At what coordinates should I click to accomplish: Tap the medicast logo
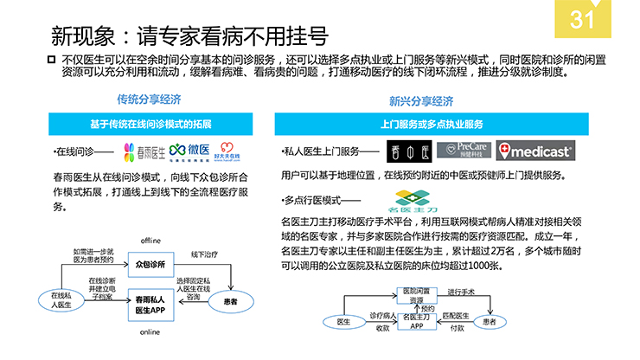coord(535,151)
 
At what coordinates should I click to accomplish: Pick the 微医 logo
coord(189,152)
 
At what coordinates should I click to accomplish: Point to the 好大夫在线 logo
coord(227,152)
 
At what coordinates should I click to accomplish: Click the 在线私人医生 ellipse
coord(56,300)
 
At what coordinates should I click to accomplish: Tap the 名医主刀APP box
coord(417,322)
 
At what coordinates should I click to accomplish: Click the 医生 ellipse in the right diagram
coord(343,322)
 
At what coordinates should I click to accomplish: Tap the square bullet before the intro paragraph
coord(49,59)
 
